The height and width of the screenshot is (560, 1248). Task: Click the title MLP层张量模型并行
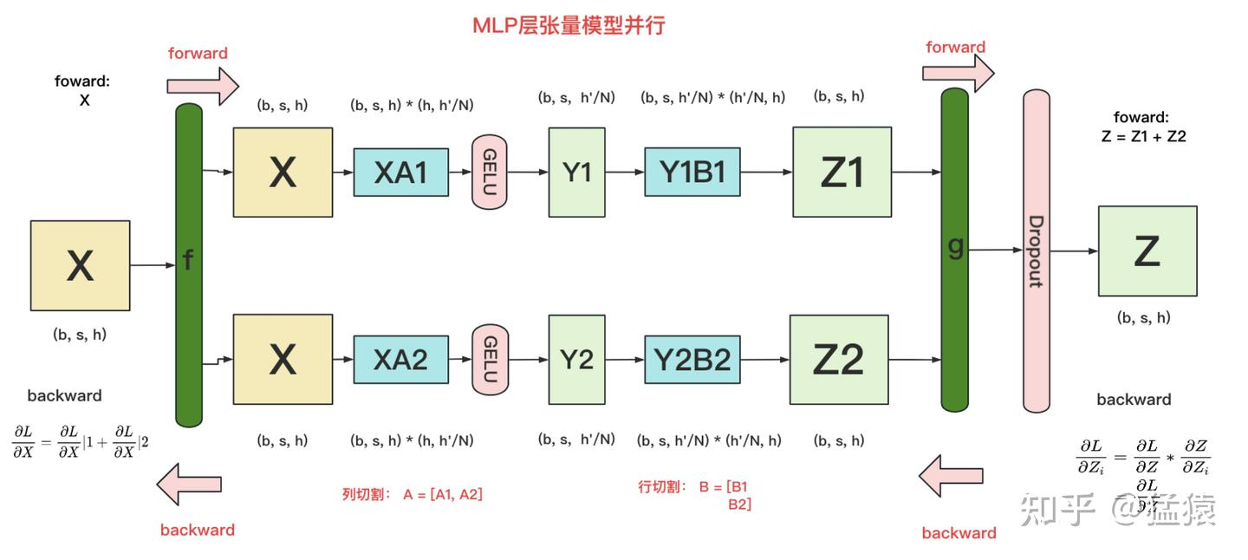[568, 25]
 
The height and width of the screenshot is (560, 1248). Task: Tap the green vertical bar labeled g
[954, 249]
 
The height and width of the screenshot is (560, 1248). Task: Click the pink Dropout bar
[1036, 251]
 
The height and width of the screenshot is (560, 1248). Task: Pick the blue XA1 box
[400, 173]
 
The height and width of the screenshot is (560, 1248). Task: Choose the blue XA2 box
[400, 359]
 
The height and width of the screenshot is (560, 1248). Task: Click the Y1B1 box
[692, 173]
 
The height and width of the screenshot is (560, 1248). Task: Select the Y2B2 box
[692, 359]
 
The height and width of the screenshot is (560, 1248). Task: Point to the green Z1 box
[842, 173]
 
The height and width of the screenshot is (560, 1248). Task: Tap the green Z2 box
[839, 360]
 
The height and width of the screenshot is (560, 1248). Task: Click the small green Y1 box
[576, 173]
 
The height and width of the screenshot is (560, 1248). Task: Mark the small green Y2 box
[576, 359]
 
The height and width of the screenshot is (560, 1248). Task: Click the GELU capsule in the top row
[489, 173]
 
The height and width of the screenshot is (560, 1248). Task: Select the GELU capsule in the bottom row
[490, 359]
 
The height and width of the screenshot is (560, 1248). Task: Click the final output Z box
[1147, 251]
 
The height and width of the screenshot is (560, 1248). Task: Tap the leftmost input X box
[80, 265]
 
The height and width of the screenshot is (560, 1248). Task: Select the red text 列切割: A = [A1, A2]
[413, 494]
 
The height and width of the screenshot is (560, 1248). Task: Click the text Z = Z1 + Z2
[1141, 136]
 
